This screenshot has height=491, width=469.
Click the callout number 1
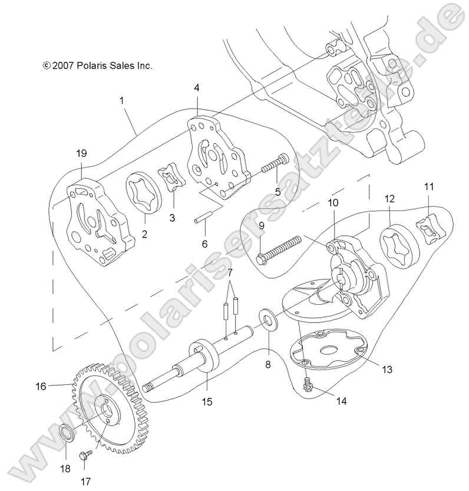click(121, 101)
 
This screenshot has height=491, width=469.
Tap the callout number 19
click(81, 153)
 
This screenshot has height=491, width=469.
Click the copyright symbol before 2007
click(47, 66)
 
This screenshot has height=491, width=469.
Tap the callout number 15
click(206, 402)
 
